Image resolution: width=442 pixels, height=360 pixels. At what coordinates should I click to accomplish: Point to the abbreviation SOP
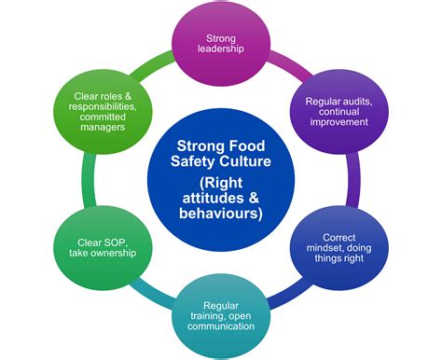click(x=117, y=241)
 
